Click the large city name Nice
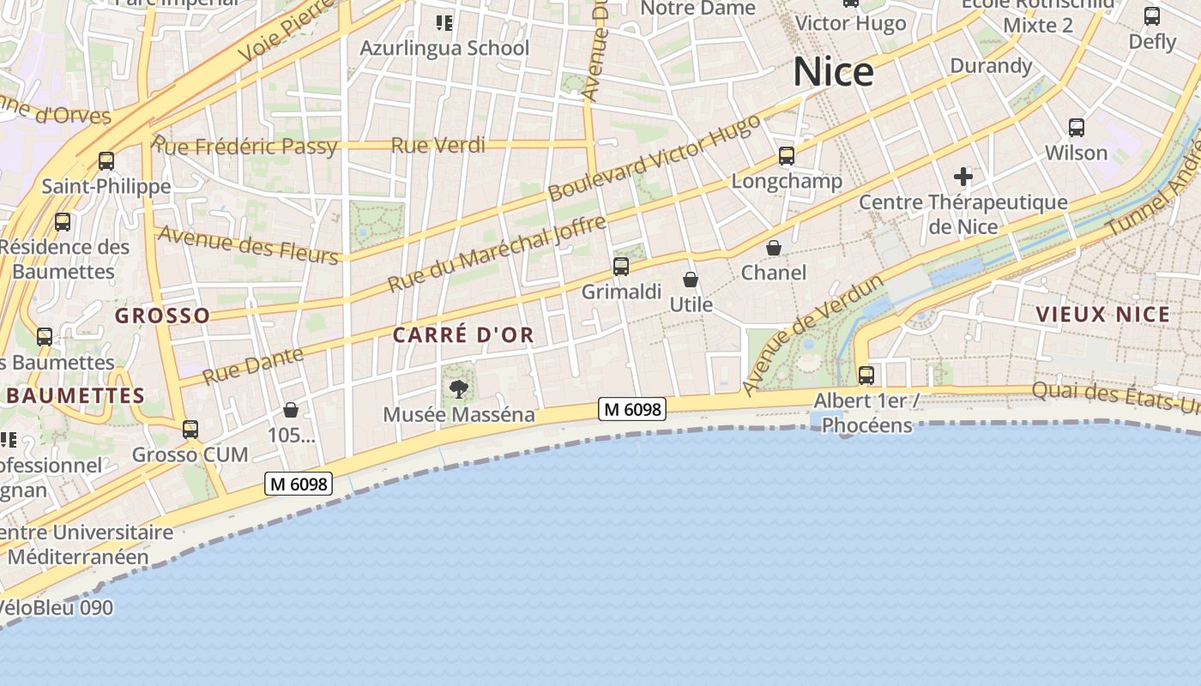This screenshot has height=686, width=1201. pyautogui.click(x=833, y=72)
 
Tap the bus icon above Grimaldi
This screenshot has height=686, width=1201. pyautogui.click(x=621, y=267)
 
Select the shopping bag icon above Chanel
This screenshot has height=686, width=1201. pyautogui.click(x=774, y=248)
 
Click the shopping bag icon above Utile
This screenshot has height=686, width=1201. pyautogui.click(x=691, y=280)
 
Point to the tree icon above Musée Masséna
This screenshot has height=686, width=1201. pyautogui.click(x=459, y=389)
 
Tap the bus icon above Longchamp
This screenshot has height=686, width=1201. pyautogui.click(x=787, y=156)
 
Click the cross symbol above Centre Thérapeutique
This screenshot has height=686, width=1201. pyautogui.click(x=963, y=178)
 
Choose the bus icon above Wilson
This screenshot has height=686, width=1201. pyautogui.click(x=1077, y=128)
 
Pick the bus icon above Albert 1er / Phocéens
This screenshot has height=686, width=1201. pyautogui.click(x=866, y=375)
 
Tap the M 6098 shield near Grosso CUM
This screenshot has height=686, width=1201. pyautogui.click(x=298, y=484)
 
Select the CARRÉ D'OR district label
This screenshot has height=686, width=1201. pyautogui.click(x=463, y=335)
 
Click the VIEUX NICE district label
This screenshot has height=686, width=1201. pyautogui.click(x=1103, y=314)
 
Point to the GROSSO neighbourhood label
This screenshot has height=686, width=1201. pyautogui.click(x=163, y=316)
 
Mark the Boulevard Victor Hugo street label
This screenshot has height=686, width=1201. pyautogui.click(x=655, y=158)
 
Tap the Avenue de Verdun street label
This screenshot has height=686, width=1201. pyautogui.click(x=812, y=334)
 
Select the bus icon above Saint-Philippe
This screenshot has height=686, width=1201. pyautogui.click(x=106, y=161)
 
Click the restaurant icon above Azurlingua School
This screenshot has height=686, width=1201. pyautogui.click(x=444, y=23)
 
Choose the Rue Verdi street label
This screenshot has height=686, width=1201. pyautogui.click(x=438, y=146)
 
